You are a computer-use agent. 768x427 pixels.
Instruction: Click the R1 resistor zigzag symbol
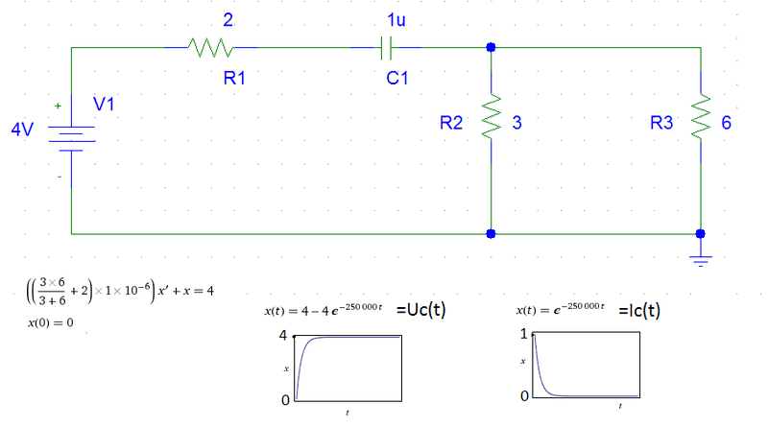click(209, 46)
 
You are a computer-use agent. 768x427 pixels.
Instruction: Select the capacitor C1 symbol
click(387, 46)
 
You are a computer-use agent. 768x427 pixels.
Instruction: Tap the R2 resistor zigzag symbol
click(492, 121)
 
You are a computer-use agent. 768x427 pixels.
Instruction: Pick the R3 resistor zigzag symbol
click(701, 121)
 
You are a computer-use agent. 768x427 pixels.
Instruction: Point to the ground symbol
click(701, 255)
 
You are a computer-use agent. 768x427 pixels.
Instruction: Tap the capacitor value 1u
click(395, 18)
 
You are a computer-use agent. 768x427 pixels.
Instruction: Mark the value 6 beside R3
click(727, 123)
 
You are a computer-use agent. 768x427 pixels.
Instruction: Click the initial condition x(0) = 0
click(50, 323)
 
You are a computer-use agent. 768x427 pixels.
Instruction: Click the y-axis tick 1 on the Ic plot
click(523, 334)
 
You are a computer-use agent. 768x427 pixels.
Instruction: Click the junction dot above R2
click(492, 46)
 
